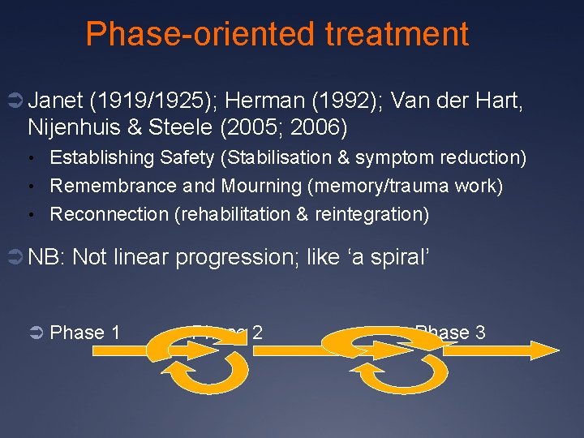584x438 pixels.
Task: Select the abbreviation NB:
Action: (47, 257)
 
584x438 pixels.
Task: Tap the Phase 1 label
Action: (85, 333)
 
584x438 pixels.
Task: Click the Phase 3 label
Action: (450, 333)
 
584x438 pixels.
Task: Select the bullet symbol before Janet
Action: (15, 101)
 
